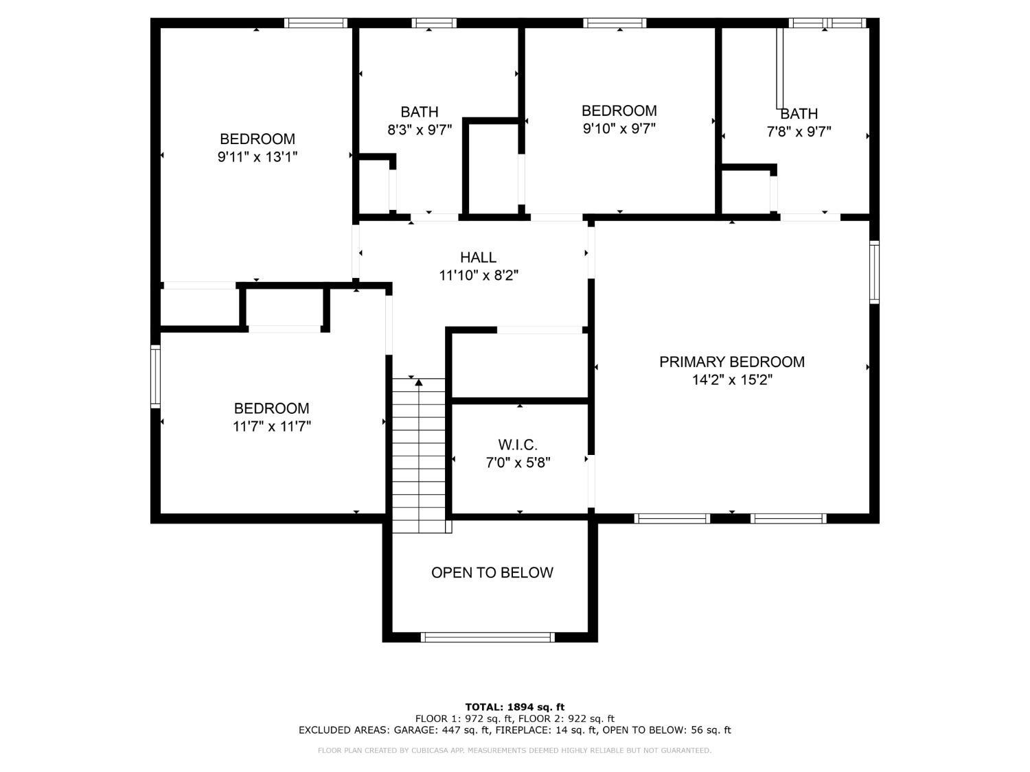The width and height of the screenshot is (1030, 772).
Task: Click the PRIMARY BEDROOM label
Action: click(731, 362)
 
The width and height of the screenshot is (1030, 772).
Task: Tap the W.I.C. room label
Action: click(518, 445)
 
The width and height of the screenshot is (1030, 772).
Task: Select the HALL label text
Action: click(478, 257)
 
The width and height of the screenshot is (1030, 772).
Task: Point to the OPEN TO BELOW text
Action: click(492, 572)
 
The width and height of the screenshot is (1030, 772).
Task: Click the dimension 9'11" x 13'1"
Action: click(257, 156)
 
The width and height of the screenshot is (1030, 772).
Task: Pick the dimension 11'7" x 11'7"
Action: click(272, 426)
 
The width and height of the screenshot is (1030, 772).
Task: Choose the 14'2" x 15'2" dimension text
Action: click(732, 379)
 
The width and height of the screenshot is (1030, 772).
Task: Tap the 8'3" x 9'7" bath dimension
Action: click(420, 130)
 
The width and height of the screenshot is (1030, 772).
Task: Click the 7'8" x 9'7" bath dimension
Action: click(799, 131)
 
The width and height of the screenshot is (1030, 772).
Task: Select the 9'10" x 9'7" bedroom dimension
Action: click(619, 128)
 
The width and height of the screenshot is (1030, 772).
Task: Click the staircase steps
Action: click(419, 456)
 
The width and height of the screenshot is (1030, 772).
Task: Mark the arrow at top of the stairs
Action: click(419, 382)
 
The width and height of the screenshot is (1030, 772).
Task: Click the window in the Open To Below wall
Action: click(488, 637)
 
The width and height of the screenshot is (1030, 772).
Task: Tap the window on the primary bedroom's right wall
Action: click(874, 272)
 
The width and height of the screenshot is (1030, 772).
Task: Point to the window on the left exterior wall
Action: click(155, 376)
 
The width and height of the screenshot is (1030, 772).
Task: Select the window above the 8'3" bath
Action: click(434, 23)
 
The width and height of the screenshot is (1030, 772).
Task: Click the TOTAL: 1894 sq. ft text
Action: click(515, 707)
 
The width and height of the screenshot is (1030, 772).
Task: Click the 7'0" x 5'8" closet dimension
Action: click(518, 463)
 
